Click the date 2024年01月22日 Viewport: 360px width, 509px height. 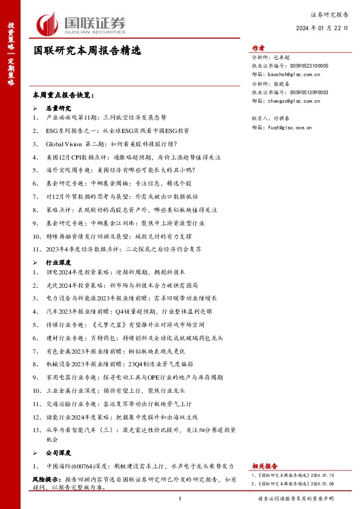point(322,28)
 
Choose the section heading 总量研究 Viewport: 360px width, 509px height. point(59,106)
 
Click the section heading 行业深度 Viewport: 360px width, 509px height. point(59,263)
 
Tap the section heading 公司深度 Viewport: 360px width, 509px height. point(59,452)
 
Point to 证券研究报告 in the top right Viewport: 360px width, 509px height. point(329,13)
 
